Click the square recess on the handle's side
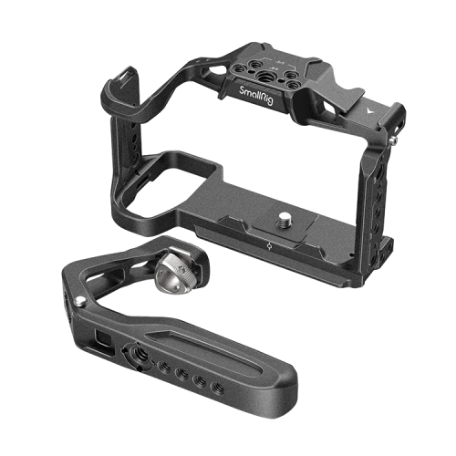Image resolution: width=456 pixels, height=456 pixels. [x=100, y=343]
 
